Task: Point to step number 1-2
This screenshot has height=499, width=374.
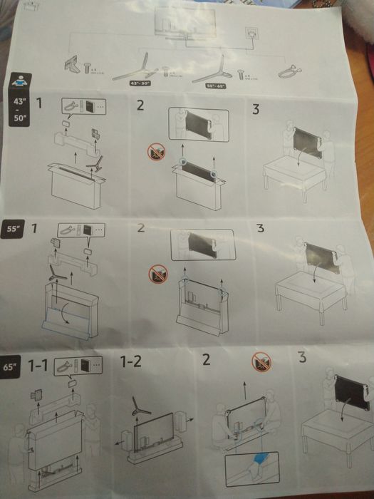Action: click(x=132, y=361)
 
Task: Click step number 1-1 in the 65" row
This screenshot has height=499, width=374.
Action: click(x=38, y=366)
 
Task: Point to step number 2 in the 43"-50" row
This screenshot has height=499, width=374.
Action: click(x=140, y=106)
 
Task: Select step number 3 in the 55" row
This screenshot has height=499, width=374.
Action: click(x=260, y=229)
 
